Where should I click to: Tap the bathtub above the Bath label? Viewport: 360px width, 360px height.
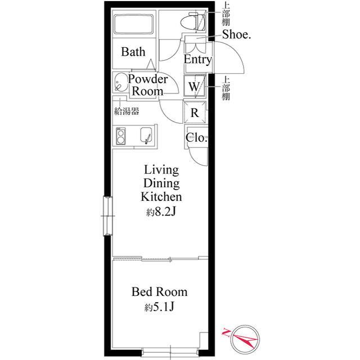click(134, 24)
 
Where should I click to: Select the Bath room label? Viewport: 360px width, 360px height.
click(133, 52)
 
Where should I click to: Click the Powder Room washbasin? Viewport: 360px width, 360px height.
click(121, 83)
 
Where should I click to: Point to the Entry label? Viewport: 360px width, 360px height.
click(197, 60)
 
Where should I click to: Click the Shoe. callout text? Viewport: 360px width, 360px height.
click(236, 35)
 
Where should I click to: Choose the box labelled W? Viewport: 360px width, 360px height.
click(195, 85)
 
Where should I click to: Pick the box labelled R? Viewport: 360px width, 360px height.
click(195, 112)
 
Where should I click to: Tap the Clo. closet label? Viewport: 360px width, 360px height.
click(196, 138)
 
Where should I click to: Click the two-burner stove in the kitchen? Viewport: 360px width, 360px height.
click(120, 136)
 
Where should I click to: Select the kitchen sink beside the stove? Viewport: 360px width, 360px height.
click(146, 135)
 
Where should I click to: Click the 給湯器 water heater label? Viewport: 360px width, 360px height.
click(127, 111)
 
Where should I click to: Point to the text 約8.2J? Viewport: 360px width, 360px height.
click(161, 213)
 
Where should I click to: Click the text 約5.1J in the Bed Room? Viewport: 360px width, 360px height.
click(159, 307)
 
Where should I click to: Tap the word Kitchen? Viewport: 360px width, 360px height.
click(161, 197)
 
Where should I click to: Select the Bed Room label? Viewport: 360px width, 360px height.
click(160, 292)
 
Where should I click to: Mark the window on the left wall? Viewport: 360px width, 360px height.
click(107, 216)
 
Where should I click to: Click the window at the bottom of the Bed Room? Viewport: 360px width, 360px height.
click(170, 352)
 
